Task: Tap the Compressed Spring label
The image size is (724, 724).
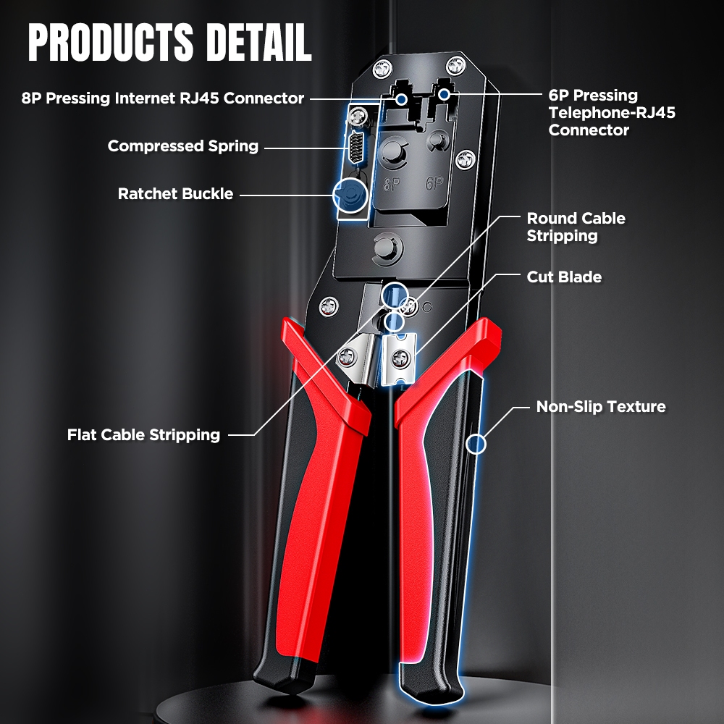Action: [x=183, y=146]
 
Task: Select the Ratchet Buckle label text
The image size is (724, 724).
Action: [x=175, y=193]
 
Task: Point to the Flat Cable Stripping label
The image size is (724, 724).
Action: [x=143, y=434]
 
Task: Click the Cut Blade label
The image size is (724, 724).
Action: [x=564, y=277]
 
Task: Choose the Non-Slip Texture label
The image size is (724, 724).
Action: [x=601, y=406]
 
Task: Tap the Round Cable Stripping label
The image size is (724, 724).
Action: [x=576, y=227]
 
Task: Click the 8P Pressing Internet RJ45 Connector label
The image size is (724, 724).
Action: [x=162, y=98]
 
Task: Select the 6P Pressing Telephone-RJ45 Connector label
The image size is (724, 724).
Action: [x=612, y=112]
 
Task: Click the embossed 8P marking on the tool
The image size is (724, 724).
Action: [x=392, y=184]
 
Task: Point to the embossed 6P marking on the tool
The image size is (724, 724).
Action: [x=434, y=183]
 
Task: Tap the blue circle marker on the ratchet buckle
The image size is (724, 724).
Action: [x=350, y=195]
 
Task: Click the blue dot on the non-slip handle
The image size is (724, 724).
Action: [x=476, y=445]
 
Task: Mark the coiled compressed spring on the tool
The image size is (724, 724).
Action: [x=355, y=147]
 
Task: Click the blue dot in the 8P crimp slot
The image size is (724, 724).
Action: [x=402, y=98]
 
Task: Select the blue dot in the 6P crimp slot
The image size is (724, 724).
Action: [x=445, y=94]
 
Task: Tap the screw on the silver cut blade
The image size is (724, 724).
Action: [x=399, y=358]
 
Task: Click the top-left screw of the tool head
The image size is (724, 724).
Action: [x=382, y=69]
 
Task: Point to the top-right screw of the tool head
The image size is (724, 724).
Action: [x=456, y=66]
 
